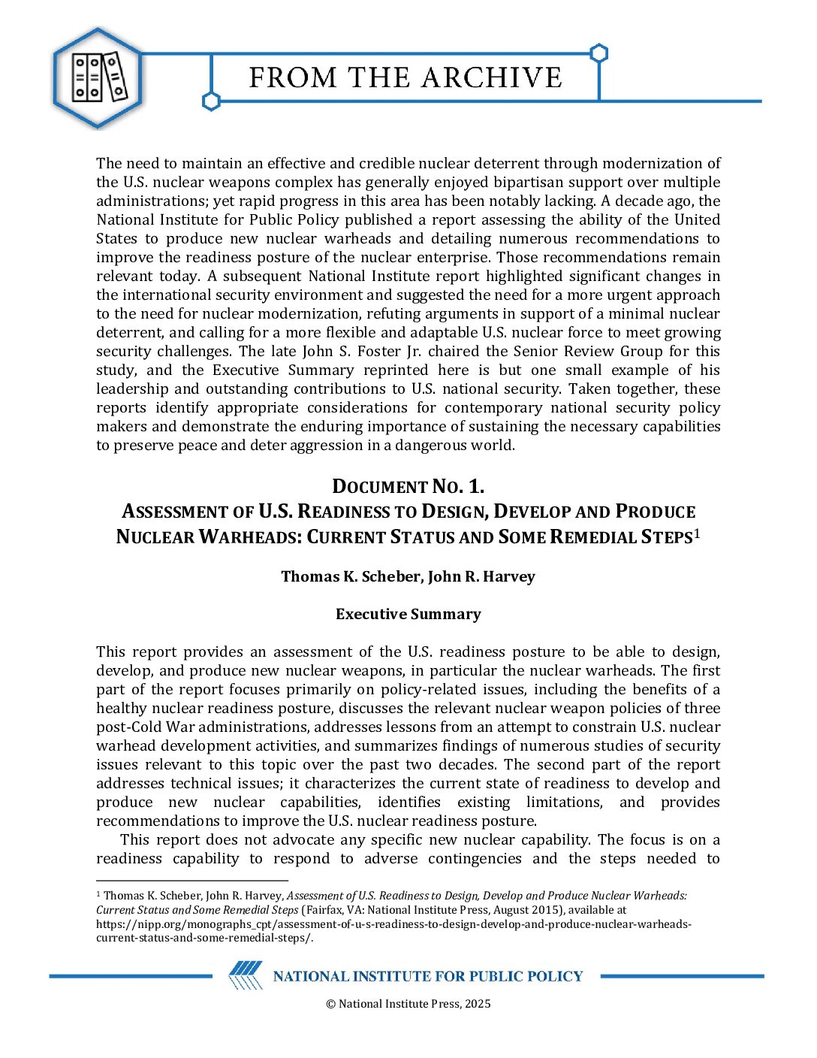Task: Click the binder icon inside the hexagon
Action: [98, 77]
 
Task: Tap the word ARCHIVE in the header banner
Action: [492, 77]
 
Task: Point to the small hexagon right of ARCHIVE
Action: [598, 53]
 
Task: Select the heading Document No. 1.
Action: [408, 486]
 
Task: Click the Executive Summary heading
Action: [408, 614]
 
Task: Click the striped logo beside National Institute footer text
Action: [246, 975]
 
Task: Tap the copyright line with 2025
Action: [408, 1004]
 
